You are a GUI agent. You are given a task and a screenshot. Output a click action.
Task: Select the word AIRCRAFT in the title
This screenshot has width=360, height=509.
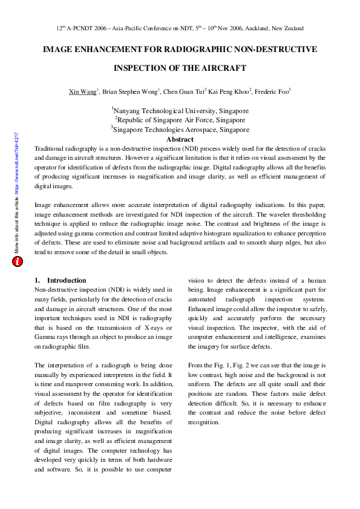coord(224,68)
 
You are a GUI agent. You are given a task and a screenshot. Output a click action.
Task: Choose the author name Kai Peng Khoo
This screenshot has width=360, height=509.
coord(228,92)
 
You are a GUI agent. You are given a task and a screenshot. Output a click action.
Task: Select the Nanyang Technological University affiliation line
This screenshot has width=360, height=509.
coord(181,111)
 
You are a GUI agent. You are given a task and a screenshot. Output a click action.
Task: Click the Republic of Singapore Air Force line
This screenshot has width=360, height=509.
coord(180,120)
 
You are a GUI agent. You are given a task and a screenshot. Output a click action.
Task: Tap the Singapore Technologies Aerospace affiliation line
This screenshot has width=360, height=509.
coord(180,130)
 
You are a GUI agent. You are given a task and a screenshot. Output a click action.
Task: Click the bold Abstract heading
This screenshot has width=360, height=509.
coord(180,139)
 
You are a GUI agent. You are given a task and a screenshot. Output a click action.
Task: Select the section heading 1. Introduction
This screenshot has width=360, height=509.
coord(61,280)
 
